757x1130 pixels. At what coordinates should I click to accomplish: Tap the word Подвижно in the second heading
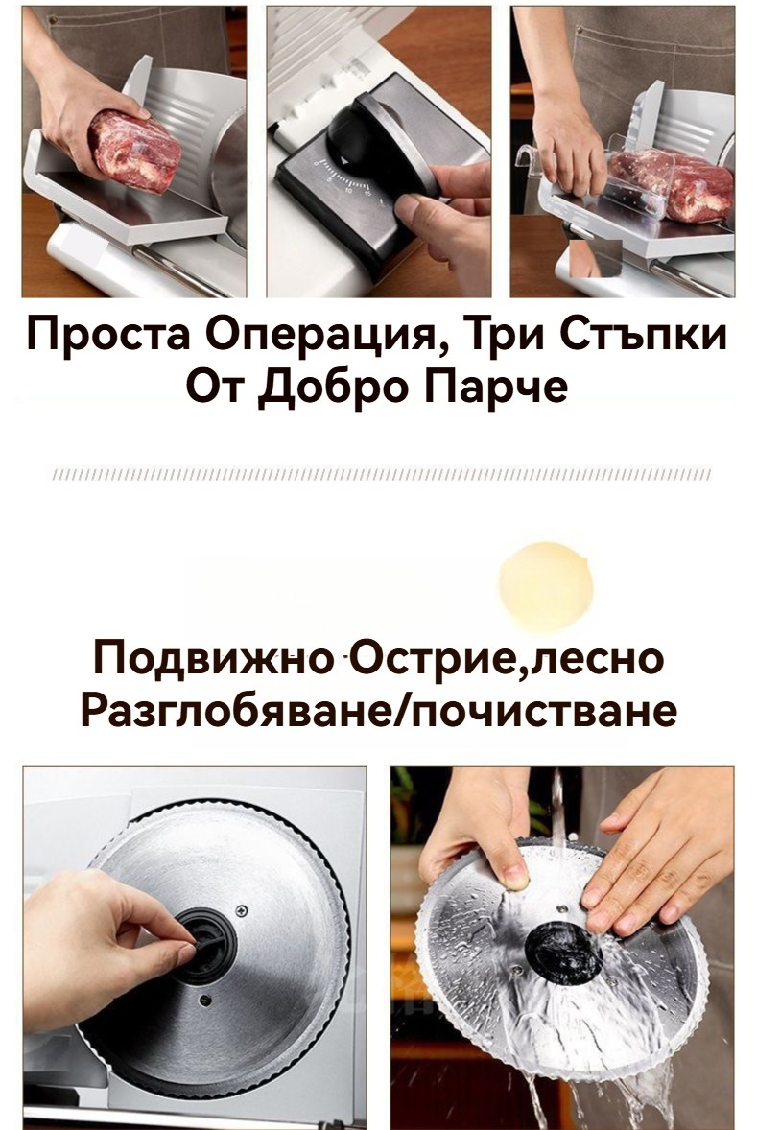213,660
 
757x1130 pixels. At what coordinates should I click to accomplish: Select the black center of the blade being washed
563,952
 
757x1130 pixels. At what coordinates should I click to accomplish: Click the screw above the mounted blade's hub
242,909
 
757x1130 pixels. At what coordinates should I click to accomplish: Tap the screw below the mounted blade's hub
204,1001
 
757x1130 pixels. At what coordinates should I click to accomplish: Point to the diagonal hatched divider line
382,474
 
